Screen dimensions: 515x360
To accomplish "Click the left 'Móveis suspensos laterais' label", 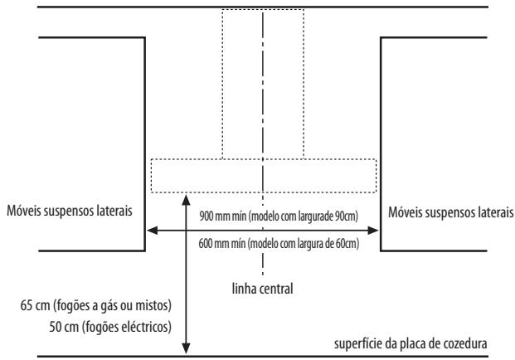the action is (70, 211).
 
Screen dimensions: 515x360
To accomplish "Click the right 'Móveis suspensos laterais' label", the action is (450, 212).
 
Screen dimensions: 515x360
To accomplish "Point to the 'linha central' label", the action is (262, 289).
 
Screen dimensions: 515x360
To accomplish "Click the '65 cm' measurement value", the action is (35, 305).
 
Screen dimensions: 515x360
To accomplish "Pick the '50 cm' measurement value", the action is (64, 327).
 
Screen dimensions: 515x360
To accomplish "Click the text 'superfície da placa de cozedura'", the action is (411, 344).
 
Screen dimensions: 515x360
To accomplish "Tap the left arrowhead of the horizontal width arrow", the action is (152, 231).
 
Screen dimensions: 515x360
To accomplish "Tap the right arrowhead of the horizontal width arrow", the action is (373, 231).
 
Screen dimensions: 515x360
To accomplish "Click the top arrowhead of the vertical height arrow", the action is (187, 199).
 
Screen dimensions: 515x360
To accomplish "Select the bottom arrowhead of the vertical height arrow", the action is (187, 349).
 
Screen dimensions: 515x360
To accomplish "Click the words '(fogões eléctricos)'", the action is (127, 327).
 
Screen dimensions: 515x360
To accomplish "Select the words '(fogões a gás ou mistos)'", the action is (112, 305).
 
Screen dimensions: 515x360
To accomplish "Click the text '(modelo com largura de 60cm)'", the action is (304, 244).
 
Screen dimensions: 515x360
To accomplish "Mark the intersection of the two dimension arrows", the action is (187, 231).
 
